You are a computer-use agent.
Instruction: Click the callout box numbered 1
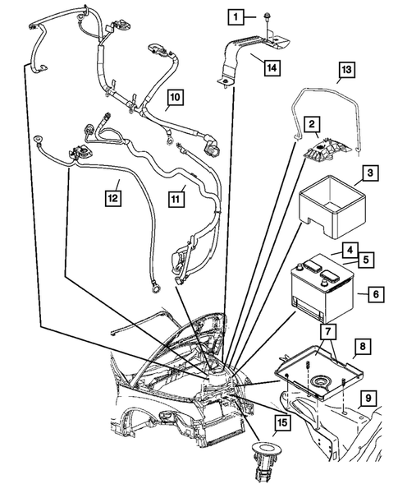tap(236, 16)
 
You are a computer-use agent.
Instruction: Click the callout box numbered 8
tap(359, 348)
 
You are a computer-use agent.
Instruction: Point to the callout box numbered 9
tap(369, 399)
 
